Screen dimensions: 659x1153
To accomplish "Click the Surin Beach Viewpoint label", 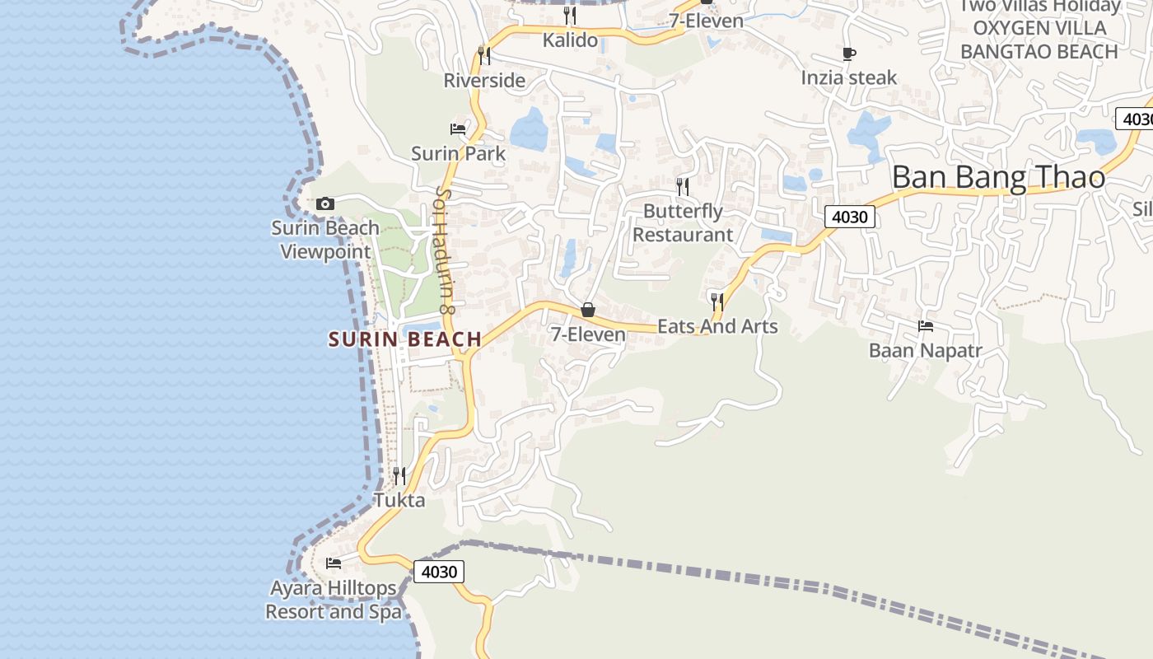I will click(325, 239).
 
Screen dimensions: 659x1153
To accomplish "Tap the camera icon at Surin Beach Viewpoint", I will click(325, 203).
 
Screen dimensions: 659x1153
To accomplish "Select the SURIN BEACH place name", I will click(404, 339).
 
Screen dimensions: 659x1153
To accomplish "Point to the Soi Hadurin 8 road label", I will click(445, 250).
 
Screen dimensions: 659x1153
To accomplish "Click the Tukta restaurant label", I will click(399, 500).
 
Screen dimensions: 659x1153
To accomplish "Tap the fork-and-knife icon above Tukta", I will click(399, 475).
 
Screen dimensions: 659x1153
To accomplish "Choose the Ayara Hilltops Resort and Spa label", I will click(334, 600).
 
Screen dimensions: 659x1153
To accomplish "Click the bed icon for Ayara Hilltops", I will click(334, 563).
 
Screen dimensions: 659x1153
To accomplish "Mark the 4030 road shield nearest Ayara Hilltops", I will click(438, 571).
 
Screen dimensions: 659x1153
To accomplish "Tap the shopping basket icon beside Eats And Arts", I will click(588, 310).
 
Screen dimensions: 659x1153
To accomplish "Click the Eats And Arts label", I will click(717, 326).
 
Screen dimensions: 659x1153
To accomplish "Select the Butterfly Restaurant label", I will click(683, 222).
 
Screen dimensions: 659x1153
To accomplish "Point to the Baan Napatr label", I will click(926, 350).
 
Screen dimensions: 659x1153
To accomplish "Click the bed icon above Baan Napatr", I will click(926, 325).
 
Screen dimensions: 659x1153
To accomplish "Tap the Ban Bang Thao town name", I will click(998, 177).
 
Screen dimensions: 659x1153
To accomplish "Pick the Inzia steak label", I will click(849, 77).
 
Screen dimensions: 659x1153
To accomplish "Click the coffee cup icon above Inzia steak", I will click(849, 54).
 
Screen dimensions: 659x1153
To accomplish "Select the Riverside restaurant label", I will click(484, 80).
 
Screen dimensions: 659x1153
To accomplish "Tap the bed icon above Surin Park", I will click(458, 129).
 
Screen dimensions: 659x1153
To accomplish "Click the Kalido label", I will click(570, 39).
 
